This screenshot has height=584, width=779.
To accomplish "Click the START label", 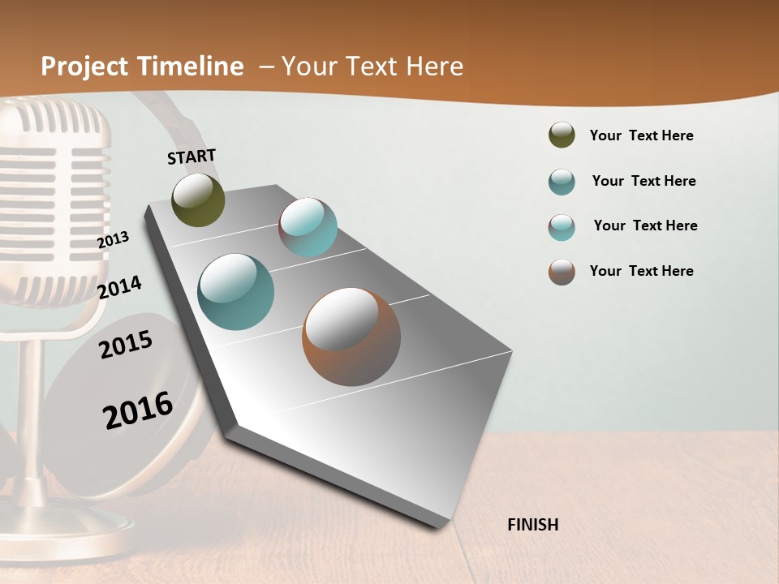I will (x=192, y=156).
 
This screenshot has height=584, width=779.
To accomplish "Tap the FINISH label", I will (x=532, y=525).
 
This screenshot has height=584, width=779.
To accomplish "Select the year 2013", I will (x=113, y=239).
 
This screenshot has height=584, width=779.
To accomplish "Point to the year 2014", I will (x=119, y=287).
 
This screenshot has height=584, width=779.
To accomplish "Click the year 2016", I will (x=138, y=410).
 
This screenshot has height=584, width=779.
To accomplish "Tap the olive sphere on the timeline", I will (x=198, y=200).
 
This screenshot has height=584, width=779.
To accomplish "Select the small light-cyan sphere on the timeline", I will (x=308, y=227).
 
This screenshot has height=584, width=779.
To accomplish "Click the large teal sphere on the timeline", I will (x=235, y=292).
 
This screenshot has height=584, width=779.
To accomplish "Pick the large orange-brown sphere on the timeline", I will (x=351, y=336).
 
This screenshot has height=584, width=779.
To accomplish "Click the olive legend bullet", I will (x=562, y=135).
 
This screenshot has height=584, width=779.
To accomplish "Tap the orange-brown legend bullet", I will (x=562, y=272).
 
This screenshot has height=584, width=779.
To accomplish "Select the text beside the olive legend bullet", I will (x=641, y=135).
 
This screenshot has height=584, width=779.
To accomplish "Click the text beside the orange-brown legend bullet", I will (x=641, y=271).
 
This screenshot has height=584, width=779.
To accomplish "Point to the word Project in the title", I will (x=85, y=67).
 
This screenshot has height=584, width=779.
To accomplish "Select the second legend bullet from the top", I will (x=562, y=182).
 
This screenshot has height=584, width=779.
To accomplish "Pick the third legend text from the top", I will (x=645, y=225).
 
